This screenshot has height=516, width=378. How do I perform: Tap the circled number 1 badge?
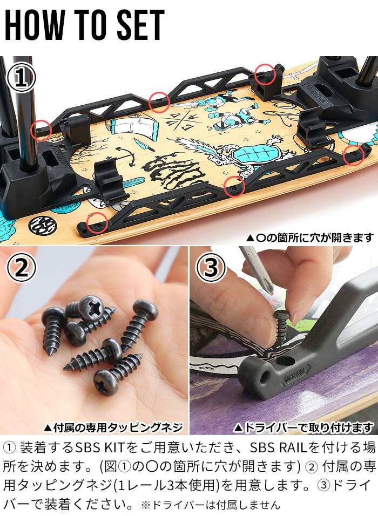pos(21,79)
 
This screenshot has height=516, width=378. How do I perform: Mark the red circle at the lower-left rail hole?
pos(96,222)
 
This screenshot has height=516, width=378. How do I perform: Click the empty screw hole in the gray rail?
pos(285,362)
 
